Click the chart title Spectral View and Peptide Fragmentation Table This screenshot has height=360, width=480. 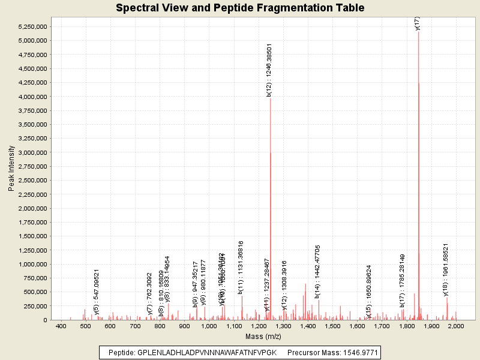(240, 8)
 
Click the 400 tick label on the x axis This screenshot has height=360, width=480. (61, 326)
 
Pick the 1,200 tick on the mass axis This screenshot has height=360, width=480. (259, 326)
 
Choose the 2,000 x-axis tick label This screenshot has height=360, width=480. (456, 326)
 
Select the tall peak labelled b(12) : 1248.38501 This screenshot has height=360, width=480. (271, 180)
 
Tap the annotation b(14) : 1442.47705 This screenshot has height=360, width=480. (318, 271)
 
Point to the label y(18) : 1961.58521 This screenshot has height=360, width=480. (446, 269)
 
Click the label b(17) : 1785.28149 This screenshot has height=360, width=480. (403, 280)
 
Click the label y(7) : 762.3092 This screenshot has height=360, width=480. (149, 293)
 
